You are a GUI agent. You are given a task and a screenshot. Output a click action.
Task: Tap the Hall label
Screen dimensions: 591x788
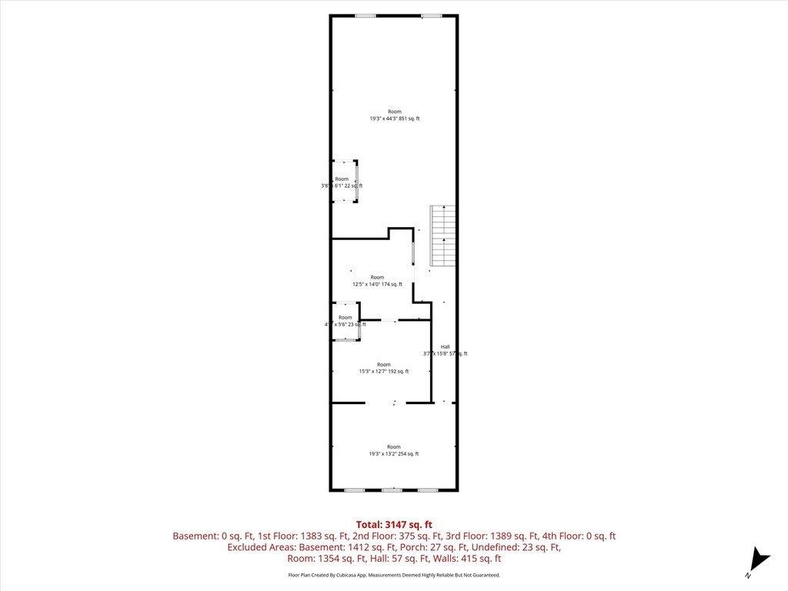(x=445, y=350)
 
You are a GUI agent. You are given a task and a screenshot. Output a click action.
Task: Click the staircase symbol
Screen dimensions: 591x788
(x=442, y=236)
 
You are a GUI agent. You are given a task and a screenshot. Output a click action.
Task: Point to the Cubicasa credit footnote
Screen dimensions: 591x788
(x=393, y=575)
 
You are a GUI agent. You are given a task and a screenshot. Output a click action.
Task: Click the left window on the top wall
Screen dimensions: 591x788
(x=365, y=16)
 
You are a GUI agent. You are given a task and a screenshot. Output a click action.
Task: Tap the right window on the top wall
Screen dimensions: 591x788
(x=431, y=16)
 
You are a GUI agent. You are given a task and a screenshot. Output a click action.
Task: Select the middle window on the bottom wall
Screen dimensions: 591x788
(x=392, y=489)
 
